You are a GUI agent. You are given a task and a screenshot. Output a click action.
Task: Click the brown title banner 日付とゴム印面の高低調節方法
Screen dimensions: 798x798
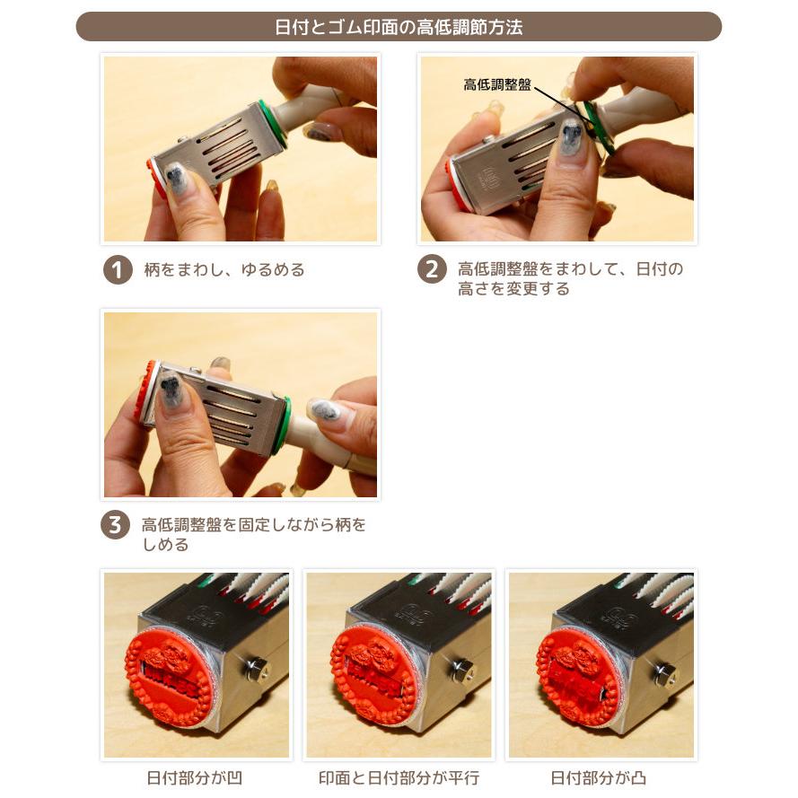399,27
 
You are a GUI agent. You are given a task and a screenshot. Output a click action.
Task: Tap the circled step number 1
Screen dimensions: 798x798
118,269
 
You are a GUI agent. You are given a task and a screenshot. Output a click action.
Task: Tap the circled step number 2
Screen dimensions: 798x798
432,269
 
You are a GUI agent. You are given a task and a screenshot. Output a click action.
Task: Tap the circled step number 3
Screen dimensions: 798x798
114,524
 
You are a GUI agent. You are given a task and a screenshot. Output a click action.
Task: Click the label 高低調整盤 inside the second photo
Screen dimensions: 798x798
497,84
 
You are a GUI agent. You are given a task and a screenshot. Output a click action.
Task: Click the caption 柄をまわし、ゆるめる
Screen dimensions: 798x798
224,269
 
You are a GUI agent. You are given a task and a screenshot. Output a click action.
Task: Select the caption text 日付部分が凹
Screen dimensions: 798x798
195,777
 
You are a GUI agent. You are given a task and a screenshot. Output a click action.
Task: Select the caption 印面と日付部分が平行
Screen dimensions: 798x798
399,777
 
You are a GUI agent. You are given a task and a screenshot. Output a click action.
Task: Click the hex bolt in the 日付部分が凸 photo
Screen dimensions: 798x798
665,674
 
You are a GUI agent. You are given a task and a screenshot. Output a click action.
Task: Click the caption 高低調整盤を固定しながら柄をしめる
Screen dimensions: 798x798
254,534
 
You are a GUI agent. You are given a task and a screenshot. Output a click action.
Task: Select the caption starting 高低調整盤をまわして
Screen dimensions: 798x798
570,278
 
